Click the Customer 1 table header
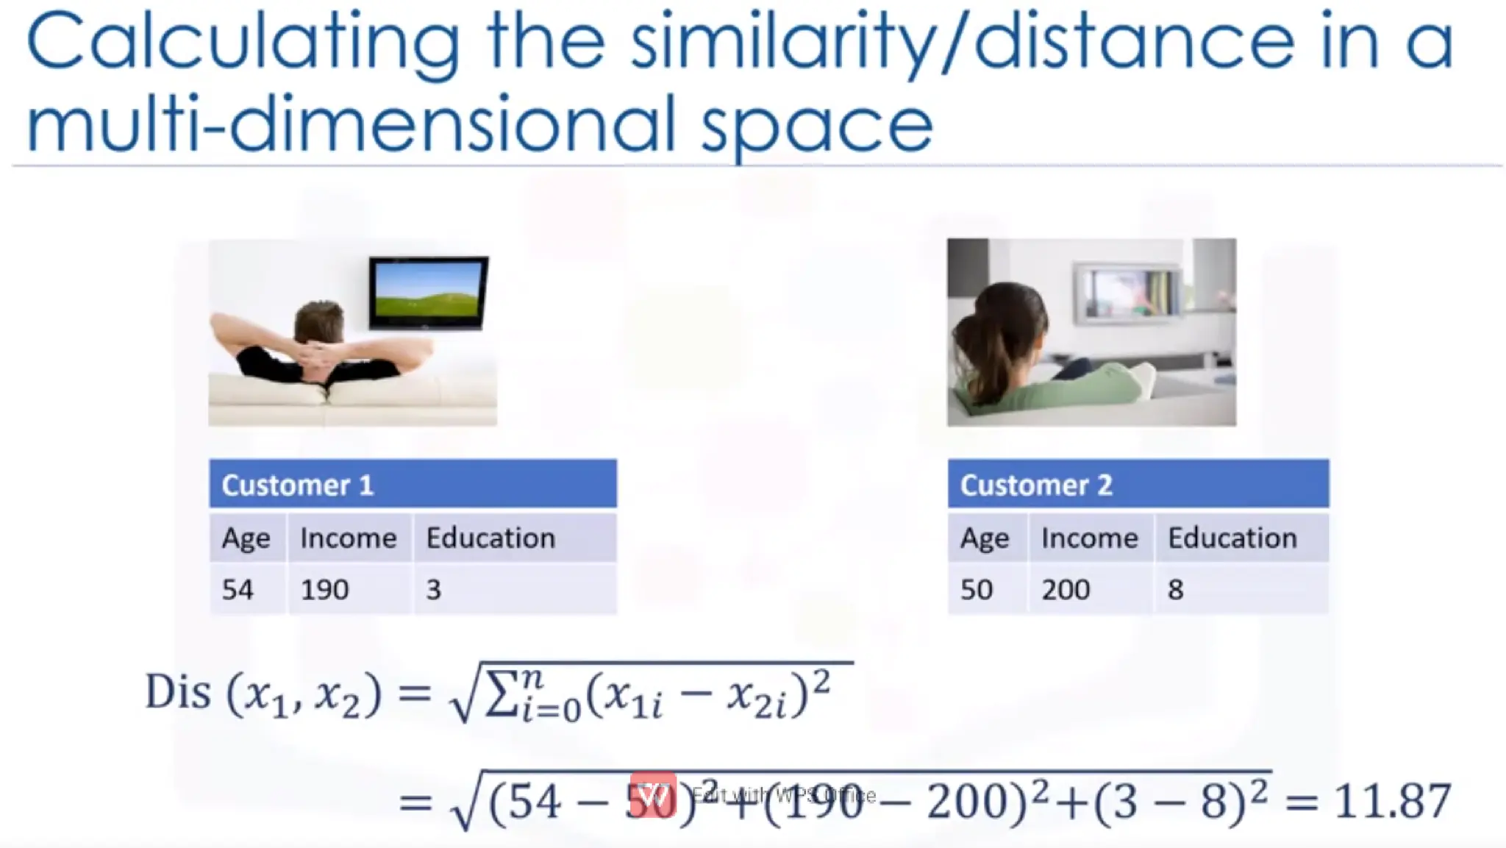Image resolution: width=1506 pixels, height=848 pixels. coord(412,484)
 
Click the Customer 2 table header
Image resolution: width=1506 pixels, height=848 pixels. coord(1137,484)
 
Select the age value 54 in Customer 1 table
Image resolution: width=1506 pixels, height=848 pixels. coord(238,589)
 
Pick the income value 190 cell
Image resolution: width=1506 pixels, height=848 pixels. coord(325,589)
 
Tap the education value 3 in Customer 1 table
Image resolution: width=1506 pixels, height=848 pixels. coord(434,589)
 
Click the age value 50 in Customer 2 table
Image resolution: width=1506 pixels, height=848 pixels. coord(977,589)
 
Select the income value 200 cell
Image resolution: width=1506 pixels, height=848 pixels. coord(1066,589)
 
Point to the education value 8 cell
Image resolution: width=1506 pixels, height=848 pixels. coord(1175,589)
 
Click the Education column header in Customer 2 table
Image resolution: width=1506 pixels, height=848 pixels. coord(1232,538)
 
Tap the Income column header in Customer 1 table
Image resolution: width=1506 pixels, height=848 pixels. coord(348,538)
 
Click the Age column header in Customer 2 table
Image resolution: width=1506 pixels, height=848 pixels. coord(985,538)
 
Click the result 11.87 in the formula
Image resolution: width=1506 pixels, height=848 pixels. coord(1392,800)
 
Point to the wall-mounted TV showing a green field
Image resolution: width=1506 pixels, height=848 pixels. coord(428,292)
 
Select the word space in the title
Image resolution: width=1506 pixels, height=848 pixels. coord(816,125)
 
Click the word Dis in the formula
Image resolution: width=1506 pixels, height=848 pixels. coord(178,692)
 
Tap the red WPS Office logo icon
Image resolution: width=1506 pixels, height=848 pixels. coord(653,795)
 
